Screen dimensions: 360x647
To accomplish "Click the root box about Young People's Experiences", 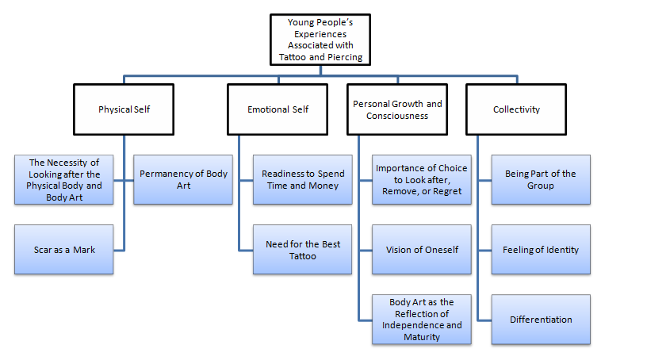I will click(320, 40).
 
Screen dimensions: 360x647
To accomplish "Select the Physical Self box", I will click(124, 109).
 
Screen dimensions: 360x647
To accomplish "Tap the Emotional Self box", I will click(278, 109).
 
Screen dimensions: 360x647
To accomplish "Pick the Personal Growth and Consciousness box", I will click(397, 109).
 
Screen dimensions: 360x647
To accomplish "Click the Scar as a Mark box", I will click(64, 250).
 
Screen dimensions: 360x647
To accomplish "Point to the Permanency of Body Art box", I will click(182, 179).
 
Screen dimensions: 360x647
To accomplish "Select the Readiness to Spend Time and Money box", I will click(301, 179).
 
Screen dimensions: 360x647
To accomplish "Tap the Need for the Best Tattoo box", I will click(301, 250).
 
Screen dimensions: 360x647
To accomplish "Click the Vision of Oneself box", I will click(421, 250).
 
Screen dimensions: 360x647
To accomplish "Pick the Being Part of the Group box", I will click(540, 179).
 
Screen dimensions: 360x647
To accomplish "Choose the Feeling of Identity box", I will click(540, 250).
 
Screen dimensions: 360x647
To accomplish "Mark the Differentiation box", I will click(540, 320).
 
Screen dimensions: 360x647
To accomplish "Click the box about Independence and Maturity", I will click(421, 320).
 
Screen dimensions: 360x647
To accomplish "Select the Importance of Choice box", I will click(421, 179).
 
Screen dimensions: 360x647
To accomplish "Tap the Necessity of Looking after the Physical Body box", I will click(64, 179).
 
